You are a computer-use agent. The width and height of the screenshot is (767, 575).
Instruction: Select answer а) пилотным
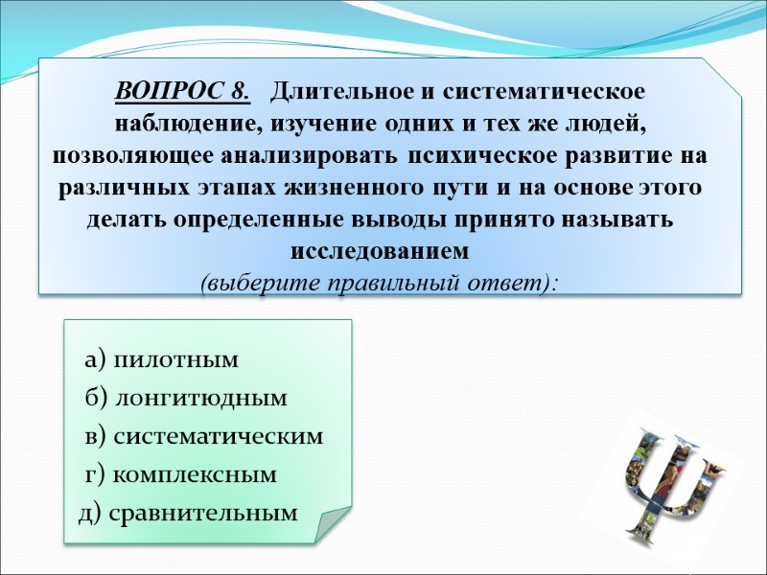coord(160,360)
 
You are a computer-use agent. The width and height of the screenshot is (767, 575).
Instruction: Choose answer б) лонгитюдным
coord(185,398)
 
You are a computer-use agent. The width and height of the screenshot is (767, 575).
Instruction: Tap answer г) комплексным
coord(180,473)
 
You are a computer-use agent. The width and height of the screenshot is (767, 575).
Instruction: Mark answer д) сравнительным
coord(188,512)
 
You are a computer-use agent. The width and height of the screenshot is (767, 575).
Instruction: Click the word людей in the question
coord(607,124)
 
